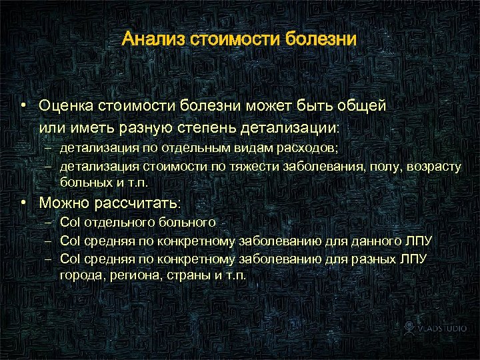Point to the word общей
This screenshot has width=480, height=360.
pos(364,105)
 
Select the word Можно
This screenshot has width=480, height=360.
pos(64,202)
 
